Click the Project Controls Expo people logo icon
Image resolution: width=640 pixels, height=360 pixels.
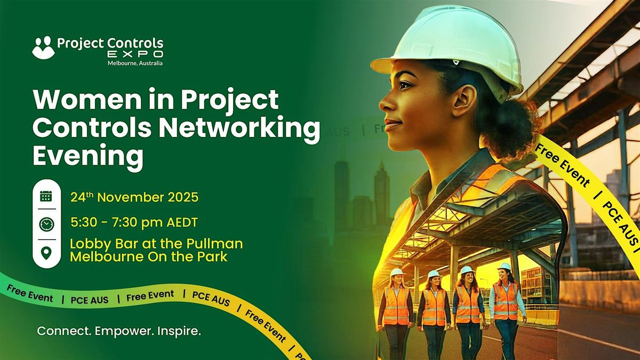44,47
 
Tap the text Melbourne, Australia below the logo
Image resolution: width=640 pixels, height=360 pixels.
135,63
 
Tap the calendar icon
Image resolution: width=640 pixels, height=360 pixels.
46,196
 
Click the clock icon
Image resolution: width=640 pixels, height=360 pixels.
46,225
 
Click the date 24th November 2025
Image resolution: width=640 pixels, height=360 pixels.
134,197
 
